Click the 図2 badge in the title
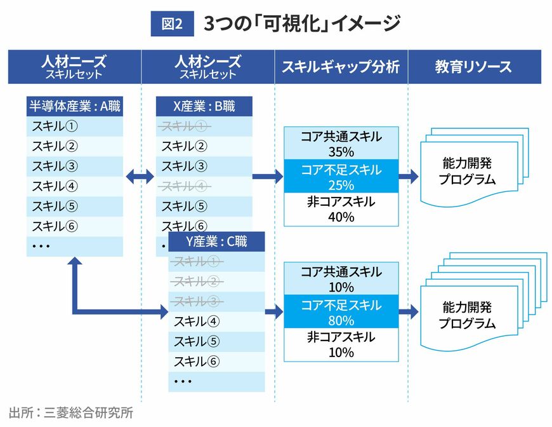[172, 24]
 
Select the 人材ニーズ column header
[74, 67]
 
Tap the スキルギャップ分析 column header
[341, 67]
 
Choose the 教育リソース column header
[473, 67]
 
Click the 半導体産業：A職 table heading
[75, 106]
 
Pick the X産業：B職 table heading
[204, 106]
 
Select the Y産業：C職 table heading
[216, 241]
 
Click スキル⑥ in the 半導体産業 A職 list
[55, 226]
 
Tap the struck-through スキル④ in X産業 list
[185, 187]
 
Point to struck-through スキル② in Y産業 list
[197, 281]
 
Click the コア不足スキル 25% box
[341, 177]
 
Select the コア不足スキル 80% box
[341, 312]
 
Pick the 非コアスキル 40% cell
[341, 210]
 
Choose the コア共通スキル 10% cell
[341, 279]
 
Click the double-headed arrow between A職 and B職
[140, 177]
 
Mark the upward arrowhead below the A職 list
[76, 264]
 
